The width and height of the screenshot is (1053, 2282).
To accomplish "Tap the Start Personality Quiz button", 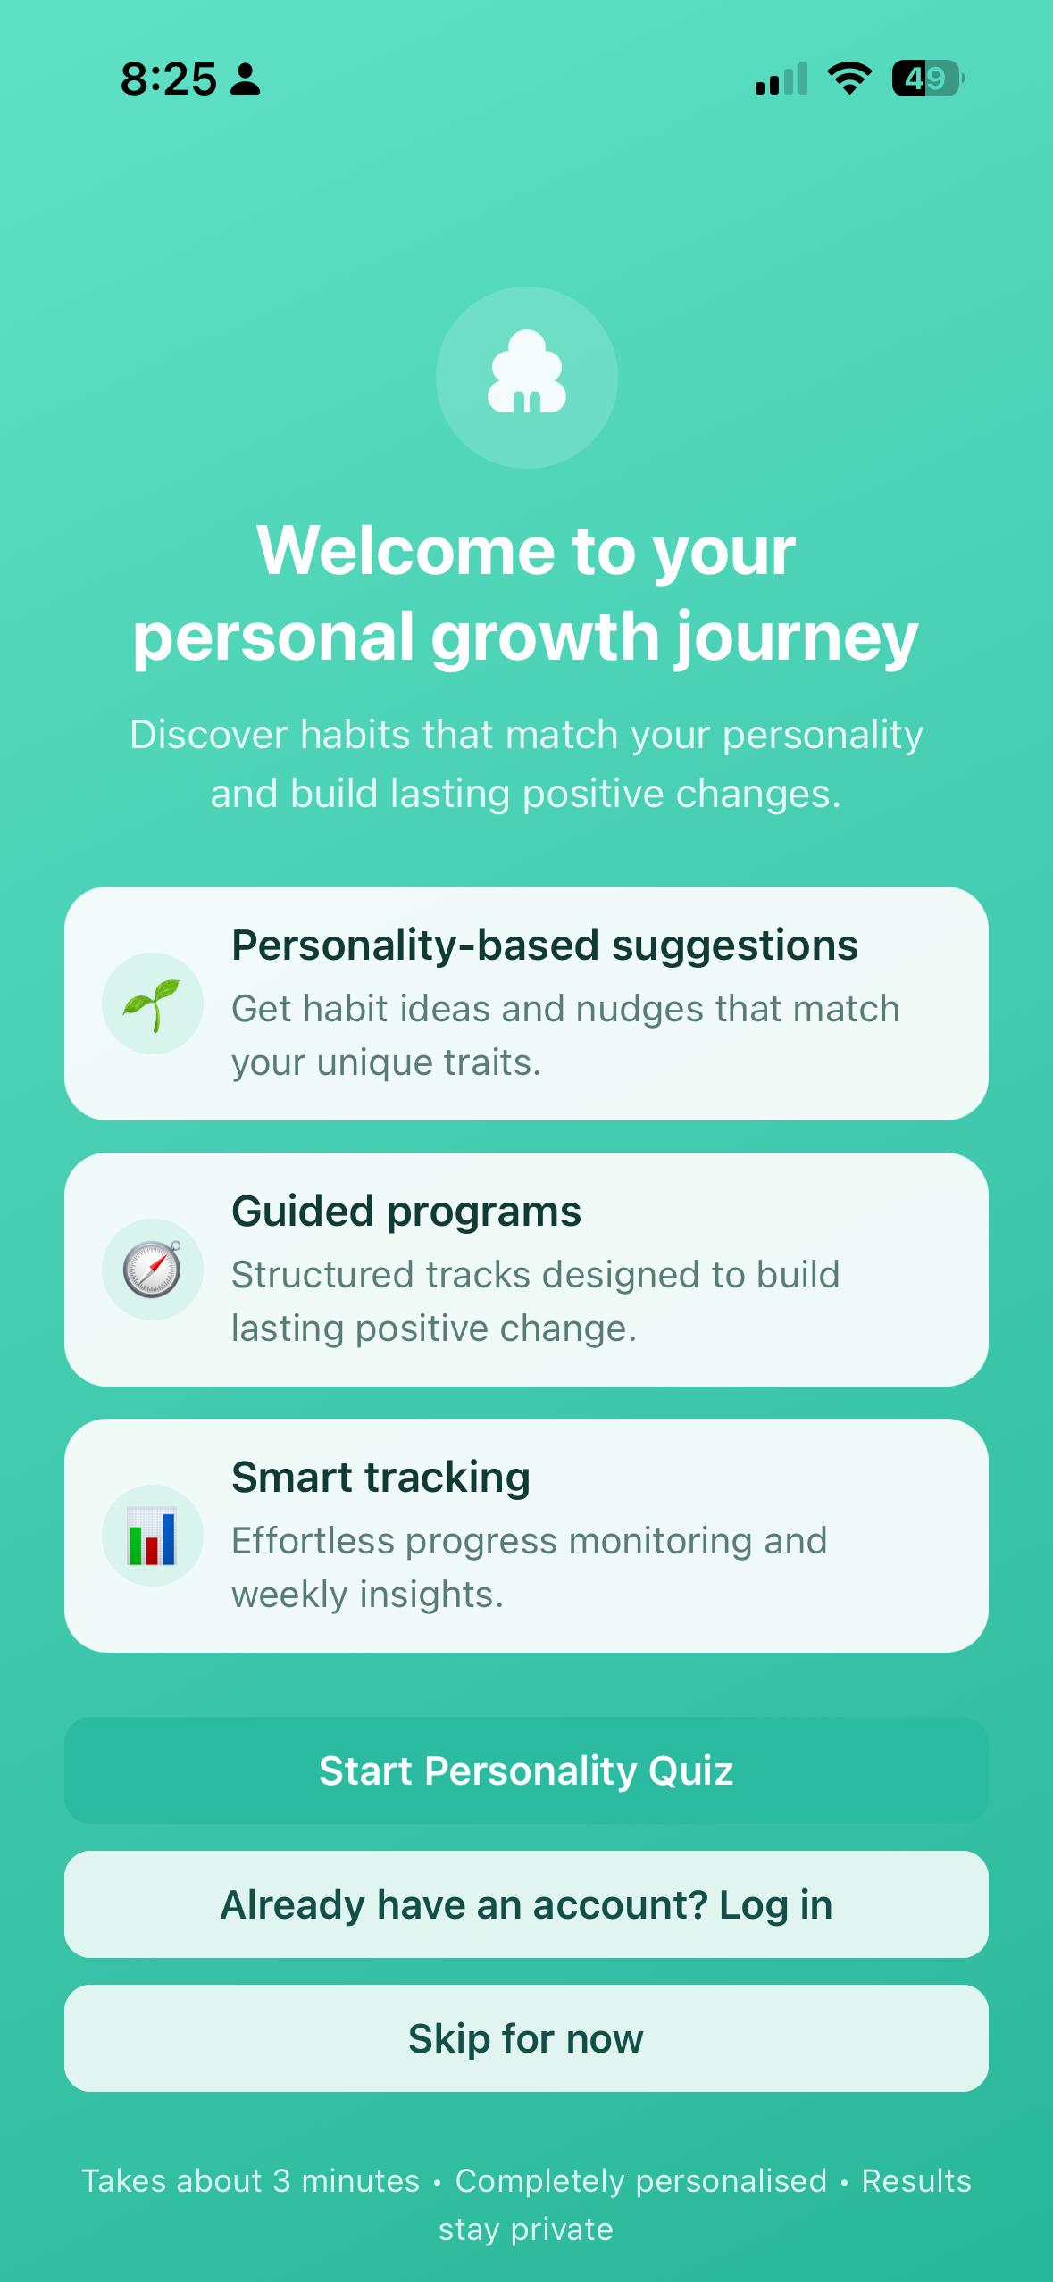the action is pos(526,1770).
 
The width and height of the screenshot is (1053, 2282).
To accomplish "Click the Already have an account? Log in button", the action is pos(526,1904).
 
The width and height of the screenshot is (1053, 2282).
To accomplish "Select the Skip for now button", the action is pos(526,2038).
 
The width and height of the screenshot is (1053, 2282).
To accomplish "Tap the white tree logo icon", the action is pos(527,372).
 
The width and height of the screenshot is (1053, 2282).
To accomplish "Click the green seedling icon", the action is pos(152,1005).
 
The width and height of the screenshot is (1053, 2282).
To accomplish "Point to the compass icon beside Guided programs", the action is pos(153,1269).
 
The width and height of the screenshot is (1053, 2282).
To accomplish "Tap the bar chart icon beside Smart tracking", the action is pos(152,1536).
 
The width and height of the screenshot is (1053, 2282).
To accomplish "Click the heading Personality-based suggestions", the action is pos(545,945).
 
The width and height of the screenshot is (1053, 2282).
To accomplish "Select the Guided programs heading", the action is pos(406,1212).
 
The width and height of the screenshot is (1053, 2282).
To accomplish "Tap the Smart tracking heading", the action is pos(381,1478).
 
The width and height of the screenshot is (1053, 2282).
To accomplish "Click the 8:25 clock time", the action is pos(169,79).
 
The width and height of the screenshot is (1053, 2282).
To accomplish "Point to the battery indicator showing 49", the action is pos(928,79).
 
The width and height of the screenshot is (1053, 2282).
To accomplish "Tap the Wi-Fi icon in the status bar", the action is pos(849,79).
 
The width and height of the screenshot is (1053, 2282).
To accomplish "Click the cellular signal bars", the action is pos(781,79).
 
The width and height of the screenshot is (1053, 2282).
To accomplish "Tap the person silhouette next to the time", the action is pos(246,79).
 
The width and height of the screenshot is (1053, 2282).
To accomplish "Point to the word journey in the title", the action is pos(797,637).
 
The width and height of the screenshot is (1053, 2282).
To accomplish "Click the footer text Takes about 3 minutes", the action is pos(251,2181).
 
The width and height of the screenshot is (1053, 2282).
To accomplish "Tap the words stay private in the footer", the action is pos(526,2229).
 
